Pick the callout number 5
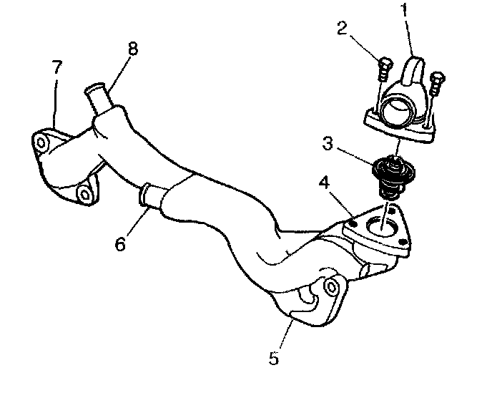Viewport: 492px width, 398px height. pyautogui.click(x=275, y=357)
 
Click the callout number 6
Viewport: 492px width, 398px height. pyautogui.click(x=121, y=243)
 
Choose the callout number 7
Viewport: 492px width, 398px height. pyautogui.click(x=56, y=69)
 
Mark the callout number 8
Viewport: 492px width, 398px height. pyautogui.click(x=134, y=49)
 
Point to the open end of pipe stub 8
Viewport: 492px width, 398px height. pyautogui.click(x=93, y=91)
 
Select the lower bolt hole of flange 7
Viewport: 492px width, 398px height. pyautogui.click(x=84, y=194)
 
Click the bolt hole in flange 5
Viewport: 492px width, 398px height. pyautogui.click(x=330, y=288)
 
